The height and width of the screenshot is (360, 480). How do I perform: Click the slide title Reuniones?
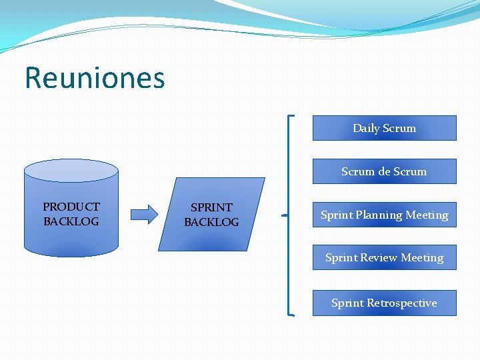pos(95,78)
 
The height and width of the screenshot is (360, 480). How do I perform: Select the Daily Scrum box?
pos(384,128)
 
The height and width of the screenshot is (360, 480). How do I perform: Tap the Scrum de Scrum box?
pos(384,171)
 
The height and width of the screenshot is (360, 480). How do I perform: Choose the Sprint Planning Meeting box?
pos(384,215)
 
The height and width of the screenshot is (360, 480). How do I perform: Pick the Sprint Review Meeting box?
pos(384,257)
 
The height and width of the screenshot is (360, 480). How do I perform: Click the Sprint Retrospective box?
pos(384,303)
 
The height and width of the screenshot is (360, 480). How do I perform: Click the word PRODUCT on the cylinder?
pos(71,207)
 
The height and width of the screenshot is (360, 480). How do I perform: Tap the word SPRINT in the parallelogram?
pos(211,207)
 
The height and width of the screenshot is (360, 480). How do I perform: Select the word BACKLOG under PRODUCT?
pos(71,221)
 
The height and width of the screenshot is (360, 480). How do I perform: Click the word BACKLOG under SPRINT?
pos(211,222)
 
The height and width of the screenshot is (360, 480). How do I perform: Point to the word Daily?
pos(366,128)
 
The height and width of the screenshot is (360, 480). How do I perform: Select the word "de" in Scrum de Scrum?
pos(384,171)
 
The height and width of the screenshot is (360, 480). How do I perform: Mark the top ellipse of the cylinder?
pos(71,169)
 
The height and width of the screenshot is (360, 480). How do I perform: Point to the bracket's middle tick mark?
pos(285,215)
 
